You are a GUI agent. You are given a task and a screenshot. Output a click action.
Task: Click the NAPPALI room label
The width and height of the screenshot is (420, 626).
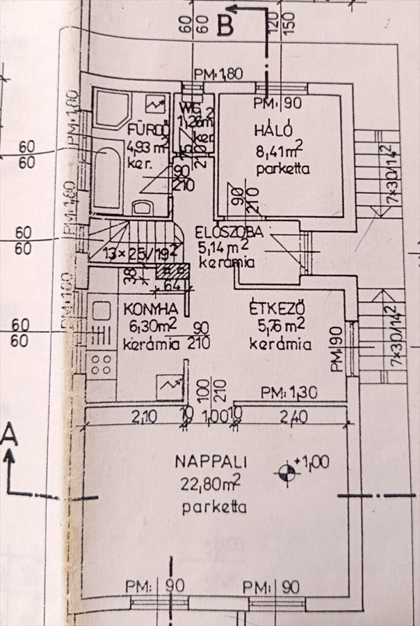coord(211,463)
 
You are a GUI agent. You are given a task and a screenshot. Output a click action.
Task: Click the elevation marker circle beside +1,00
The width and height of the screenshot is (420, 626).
coord(288,473)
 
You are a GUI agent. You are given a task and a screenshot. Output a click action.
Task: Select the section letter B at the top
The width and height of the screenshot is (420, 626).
coord(225,26)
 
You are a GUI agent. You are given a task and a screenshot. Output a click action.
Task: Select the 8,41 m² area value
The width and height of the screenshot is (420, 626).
coord(279,150)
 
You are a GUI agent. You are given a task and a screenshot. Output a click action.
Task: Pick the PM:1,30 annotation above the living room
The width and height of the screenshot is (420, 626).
coord(289,393)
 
